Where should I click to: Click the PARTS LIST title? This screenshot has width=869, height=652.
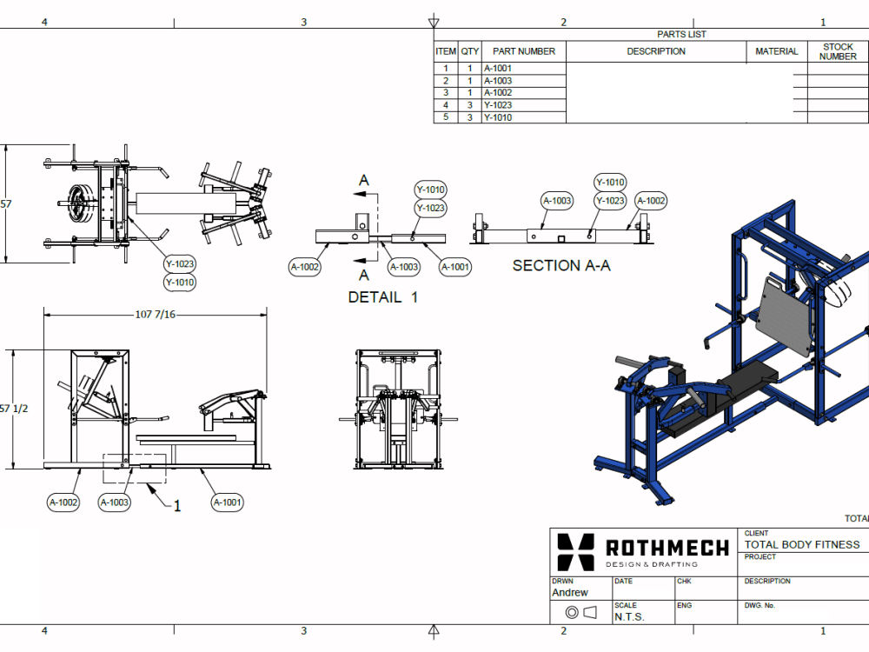pyautogui.click(x=681, y=35)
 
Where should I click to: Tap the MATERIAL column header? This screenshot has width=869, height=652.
pyautogui.click(x=776, y=51)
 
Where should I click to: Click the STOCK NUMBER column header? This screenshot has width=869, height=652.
pyautogui.click(x=838, y=51)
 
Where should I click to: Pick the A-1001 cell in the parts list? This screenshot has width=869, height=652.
pyautogui.click(x=498, y=69)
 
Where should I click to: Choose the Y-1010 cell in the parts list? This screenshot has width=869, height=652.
pyautogui.click(x=498, y=117)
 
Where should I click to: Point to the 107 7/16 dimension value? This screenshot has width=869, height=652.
pyautogui.click(x=156, y=314)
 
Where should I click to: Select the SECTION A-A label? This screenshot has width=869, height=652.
pyautogui.click(x=561, y=266)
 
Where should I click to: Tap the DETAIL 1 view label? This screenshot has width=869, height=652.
pyautogui.click(x=382, y=297)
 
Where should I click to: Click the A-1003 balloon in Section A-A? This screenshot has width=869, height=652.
pyautogui.click(x=557, y=201)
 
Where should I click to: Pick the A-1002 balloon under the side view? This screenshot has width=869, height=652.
pyautogui.click(x=63, y=502)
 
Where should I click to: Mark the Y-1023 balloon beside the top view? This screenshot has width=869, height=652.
pyautogui.click(x=180, y=264)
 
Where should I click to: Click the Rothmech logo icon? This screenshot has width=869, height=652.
pyautogui.click(x=575, y=552)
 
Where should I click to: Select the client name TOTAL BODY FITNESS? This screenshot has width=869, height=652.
pyautogui.click(x=801, y=545)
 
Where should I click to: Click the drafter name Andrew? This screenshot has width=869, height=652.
pyautogui.click(x=570, y=593)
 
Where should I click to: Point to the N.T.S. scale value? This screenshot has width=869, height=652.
pyautogui.click(x=629, y=616)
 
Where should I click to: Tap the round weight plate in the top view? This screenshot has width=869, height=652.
pyautogui.click(x=79, y=204)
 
